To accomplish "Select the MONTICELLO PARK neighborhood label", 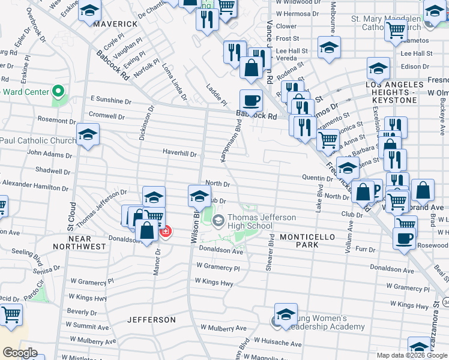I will coord(307,241).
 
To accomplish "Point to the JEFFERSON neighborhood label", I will coord(152,320).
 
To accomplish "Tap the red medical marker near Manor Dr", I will coord(164,232).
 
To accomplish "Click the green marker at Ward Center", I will coord(58,92).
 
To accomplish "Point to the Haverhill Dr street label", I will coord(179,153).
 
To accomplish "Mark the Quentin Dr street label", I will coord(318,178).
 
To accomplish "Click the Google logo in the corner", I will coord(20,353).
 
